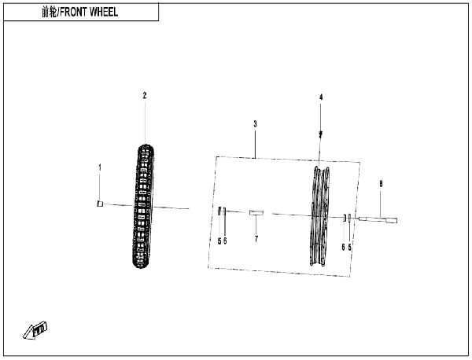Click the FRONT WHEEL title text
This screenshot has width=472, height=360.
point(89,12)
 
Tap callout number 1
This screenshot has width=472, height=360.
point(100,167)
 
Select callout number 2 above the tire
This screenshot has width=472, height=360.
point(145,96)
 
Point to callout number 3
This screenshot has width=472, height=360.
point(255,124)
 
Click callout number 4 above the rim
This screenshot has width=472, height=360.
point(321,97)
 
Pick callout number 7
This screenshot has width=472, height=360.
point(256,239)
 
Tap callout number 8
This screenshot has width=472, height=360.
point(381,183)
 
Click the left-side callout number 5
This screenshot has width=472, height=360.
point(219,241)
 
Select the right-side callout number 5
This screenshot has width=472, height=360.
point(349,248)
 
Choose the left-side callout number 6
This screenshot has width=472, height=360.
point(225,241)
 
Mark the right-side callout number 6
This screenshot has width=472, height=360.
point(343,248)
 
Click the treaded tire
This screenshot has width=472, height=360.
point(143,206)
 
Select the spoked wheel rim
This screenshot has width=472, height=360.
point(319,216)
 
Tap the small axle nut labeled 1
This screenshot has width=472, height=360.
point(100,204)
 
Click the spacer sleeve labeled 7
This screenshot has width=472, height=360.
point(256,213)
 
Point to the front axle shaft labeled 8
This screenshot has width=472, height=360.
point(378,220)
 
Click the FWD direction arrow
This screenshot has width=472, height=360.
point(35,330)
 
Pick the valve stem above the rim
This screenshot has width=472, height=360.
point(321,134)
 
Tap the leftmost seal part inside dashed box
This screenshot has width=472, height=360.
point(219,211)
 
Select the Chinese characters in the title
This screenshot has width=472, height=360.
point(49,12)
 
